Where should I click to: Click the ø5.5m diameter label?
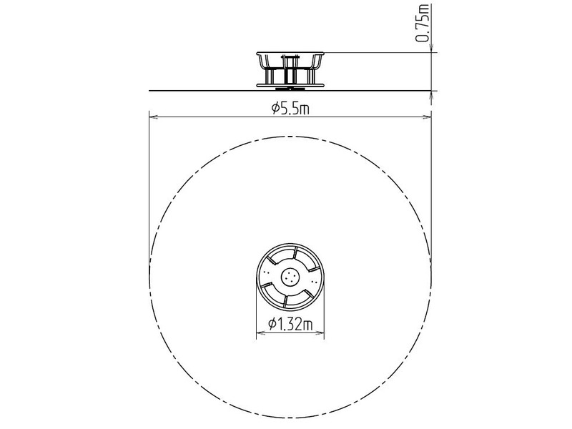pyautogui.click(x=290, y=109)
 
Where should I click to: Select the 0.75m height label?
pyautogui.click(x=424, y=24)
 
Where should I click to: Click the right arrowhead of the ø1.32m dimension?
pyautogui.click(x=322, y=332)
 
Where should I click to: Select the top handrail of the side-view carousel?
pyautogui.click(x=290, y=53)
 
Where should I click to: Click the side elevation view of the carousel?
pyautogui.click(x=290, y=69)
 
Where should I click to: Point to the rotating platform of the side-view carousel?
pyautogui.click(x=290, y=83)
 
